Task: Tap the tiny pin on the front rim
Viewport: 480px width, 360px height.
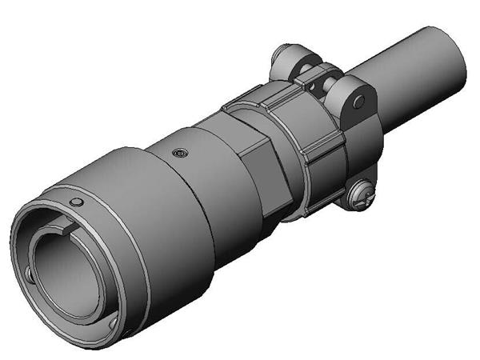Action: pos(76,201)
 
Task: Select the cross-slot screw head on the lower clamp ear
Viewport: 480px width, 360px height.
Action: pos(362,194)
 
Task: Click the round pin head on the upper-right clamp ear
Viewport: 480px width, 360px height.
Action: pos(359,101)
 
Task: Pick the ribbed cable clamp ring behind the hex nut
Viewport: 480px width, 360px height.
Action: pos(312,144)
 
